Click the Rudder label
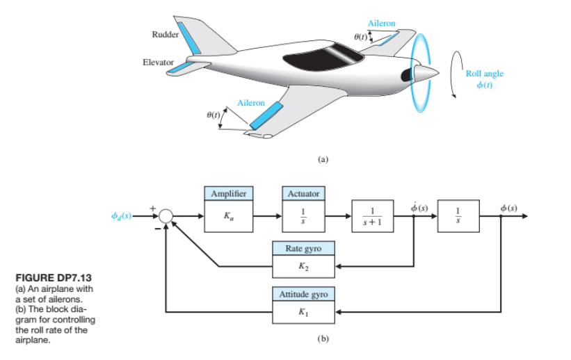165,34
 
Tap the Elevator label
158,63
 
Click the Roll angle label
484,73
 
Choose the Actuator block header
303,193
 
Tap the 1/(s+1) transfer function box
373,215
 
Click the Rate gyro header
303,249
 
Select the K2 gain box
303,265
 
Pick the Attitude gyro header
303,295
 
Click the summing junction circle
166,216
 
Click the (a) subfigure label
321,159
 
